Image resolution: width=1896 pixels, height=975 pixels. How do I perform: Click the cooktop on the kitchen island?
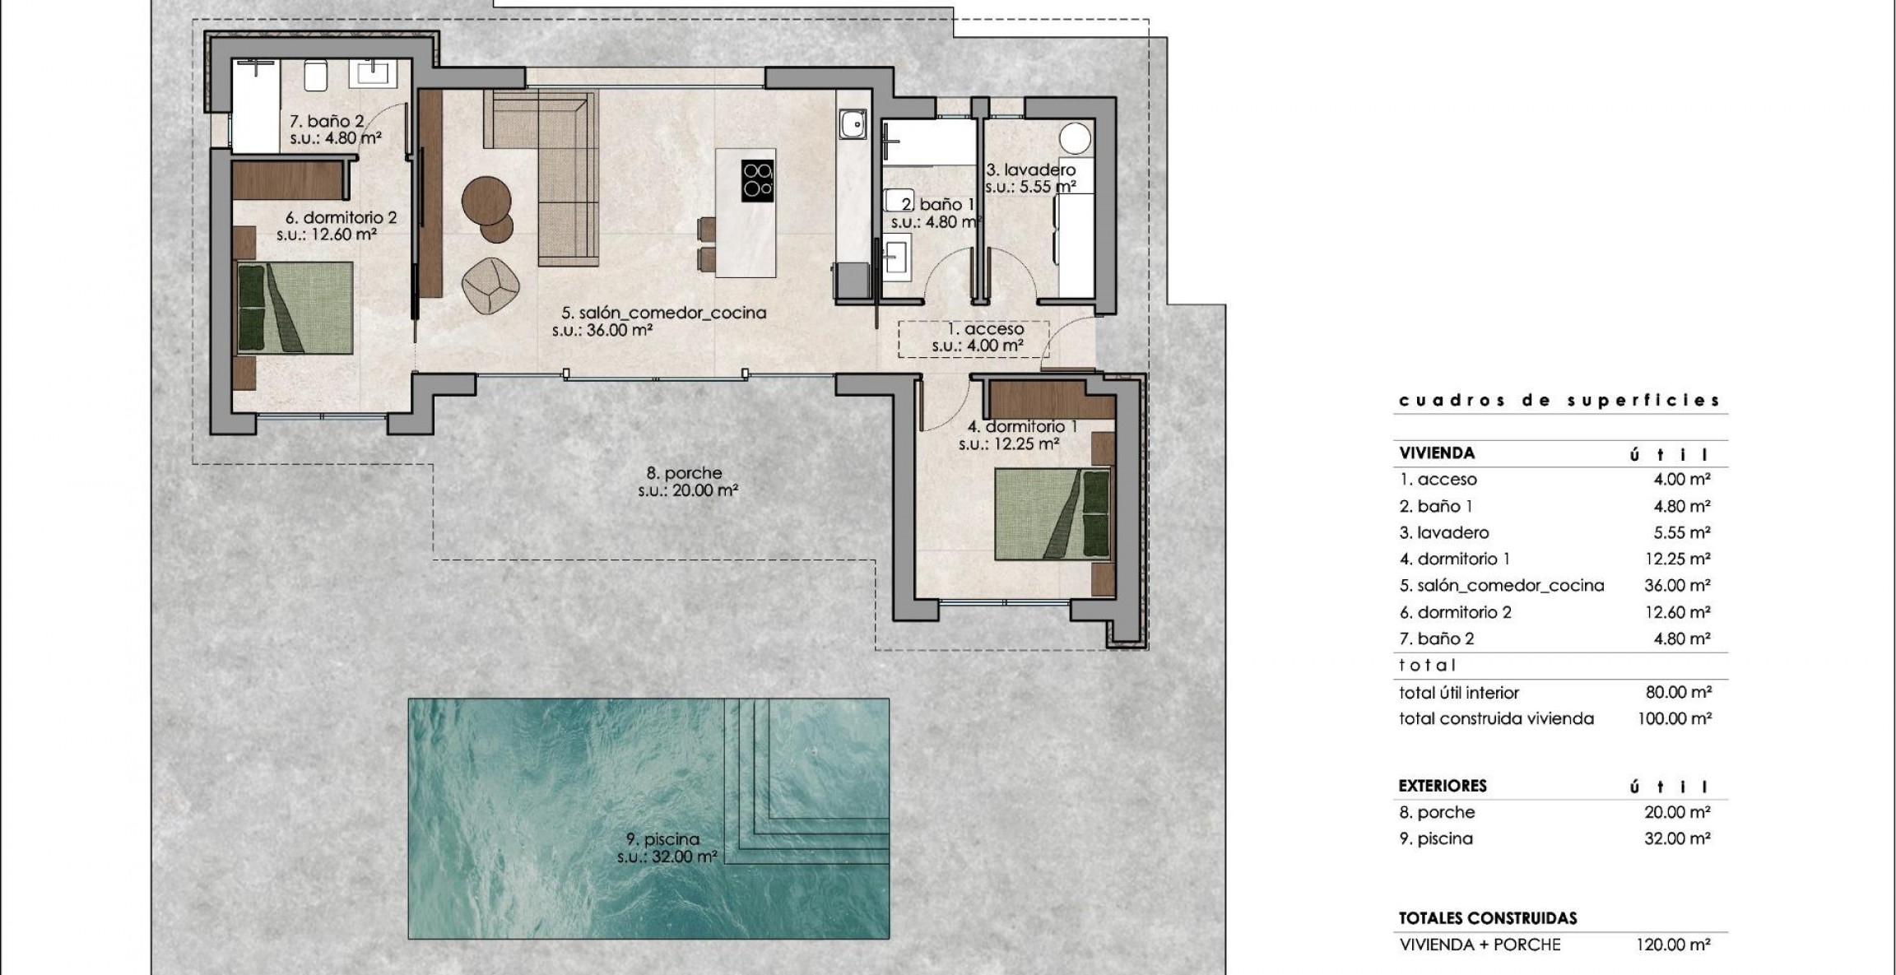[x=758, y=179]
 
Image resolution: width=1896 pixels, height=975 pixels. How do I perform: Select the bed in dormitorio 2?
[x=295, y=308]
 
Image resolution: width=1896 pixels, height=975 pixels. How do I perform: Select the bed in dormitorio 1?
[x=1053, y=513]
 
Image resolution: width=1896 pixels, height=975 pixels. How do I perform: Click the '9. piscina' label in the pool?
[x=662, y=839]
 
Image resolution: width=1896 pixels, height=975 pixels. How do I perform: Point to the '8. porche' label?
[x=684, y=473]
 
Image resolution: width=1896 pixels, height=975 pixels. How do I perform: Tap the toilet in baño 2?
[x=317, y=74]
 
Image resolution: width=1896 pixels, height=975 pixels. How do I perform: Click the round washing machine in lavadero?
[x=1074, y=137]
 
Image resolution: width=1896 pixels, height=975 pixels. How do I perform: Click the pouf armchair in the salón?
[x=490, y=285]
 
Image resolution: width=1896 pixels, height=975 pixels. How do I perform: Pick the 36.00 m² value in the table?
[x=1678, y=586]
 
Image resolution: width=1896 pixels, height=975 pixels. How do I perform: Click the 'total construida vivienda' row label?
[x=1496, y=719]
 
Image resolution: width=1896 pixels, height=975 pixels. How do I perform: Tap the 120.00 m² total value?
[x=1674, y=945]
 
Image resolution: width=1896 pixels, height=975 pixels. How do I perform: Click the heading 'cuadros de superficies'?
[x=1559, y=401]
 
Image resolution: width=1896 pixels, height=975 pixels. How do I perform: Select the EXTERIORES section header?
[x=1443, y=786]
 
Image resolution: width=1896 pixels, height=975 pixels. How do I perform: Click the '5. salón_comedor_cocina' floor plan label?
[x=664, y=313]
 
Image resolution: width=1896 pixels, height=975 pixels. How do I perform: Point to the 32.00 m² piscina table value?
[x=1678, y=838]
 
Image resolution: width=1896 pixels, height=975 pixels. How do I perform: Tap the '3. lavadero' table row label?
[x=1444, y=532]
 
